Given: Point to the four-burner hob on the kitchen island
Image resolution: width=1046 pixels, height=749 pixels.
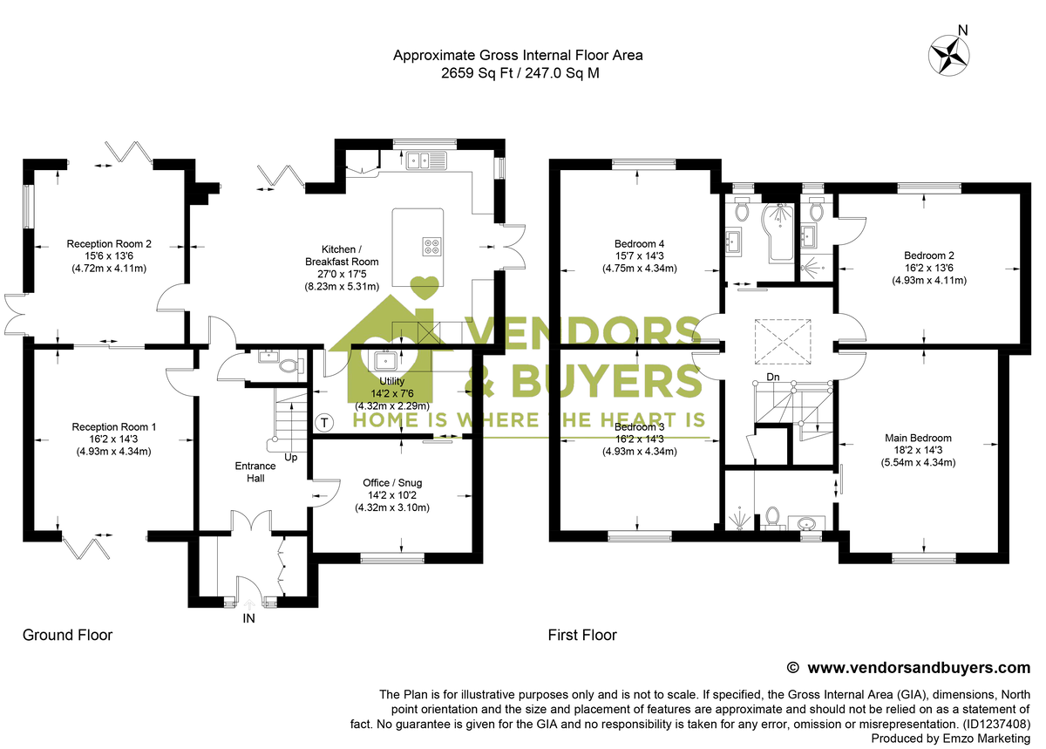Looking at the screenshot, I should pyautogui.click(x=432, y=246).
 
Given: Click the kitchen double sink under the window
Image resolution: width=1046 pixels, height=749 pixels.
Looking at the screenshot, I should pyautogui.click(x=425, y=160).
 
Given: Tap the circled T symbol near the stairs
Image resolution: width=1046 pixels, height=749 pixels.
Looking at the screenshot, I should pyautogui.click(x=325, y=423).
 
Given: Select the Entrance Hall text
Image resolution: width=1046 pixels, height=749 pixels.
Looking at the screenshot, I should pyautogui.click(x=255, y=472).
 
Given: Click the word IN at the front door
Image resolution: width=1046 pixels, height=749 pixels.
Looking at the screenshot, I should pyautogui.click(x=249, y=618).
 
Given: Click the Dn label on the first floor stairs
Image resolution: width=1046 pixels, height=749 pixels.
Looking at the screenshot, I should pyautogui.click(x=773, y=377).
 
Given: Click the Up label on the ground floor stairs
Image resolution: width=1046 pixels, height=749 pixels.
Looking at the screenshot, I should pyautogui.click(x=292, y=457).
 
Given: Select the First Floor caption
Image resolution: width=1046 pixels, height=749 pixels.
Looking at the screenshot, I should pyautogui.click(x=581, y=635).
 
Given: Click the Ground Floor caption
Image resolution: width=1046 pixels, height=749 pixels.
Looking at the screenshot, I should pyautogui.click(x=67, y=635).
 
